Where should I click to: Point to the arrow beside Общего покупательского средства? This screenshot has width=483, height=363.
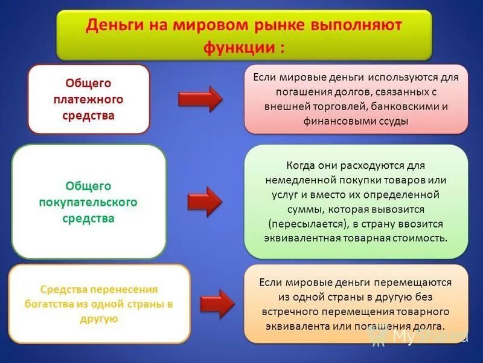pyautogui.click(x=205, y=201)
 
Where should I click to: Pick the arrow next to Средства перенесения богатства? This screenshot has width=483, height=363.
pyautogui.click(x=217, y=304)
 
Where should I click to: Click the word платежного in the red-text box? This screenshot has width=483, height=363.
pyautogui.click(x=88, y=99)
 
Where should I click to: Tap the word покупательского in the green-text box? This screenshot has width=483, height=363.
pyautogui.click(x=88, y=202)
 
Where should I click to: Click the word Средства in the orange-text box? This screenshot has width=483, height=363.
pyautogui.click(x=64, y=289)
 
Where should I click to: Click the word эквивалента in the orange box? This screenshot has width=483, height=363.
pyautogui.click(x=292, y=326)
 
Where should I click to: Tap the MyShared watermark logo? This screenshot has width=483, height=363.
pyautogui.click(x=417, y=336)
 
